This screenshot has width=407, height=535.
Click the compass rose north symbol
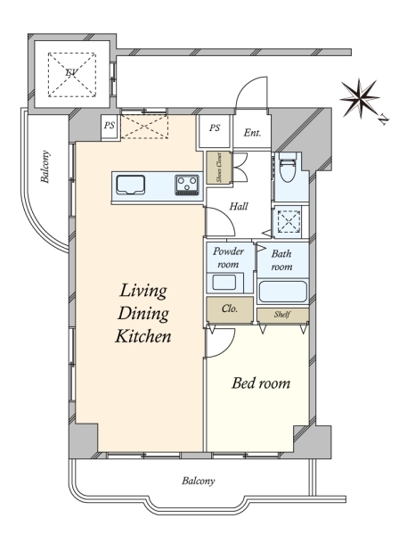[361, 99]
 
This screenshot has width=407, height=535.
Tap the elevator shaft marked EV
[72, 74]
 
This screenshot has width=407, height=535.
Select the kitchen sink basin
[131, 185]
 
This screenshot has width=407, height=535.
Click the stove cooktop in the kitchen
[187, 185]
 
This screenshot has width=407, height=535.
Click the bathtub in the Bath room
[282, 292]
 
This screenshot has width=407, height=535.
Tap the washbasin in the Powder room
[224, 283]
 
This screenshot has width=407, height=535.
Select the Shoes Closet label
[219, 167]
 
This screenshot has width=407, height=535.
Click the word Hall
[239, 207]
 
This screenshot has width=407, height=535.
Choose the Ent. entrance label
[252, 133]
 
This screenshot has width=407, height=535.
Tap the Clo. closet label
[230, 309]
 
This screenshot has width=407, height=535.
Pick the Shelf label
[282, 315]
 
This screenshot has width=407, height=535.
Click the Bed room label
[261, 383]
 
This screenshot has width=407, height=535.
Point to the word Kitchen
[143, 336]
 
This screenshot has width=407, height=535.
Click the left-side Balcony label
[45, 167]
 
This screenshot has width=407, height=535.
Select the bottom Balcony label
[199, 481]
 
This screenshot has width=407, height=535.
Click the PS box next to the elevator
[110, 126]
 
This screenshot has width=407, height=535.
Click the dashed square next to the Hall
[289, 221]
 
